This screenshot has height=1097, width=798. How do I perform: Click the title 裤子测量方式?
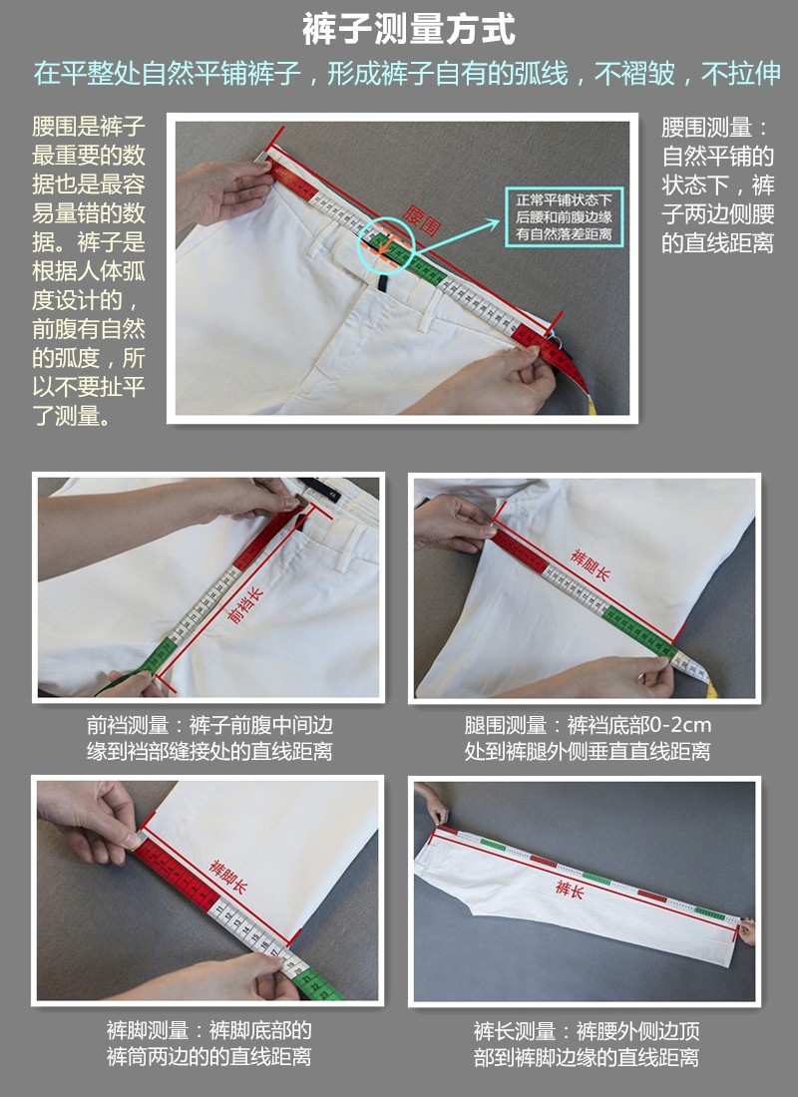(x=408, y=30)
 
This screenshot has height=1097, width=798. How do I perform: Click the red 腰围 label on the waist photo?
(x=421, y=220)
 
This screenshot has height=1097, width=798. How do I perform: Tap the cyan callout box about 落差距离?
(x=564, y=216)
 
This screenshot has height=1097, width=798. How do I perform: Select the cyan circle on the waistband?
(x=385, y=238)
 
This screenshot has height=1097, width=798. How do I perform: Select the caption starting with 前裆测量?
(x=209, y=738)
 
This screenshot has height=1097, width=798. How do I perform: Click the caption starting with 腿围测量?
(x=588, y=738)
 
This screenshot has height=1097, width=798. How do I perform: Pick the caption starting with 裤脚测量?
(x=208, y=1043)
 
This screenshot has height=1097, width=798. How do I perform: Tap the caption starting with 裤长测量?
(x=586, y=1043)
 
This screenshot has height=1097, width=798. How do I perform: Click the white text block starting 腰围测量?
(x=717, y=185)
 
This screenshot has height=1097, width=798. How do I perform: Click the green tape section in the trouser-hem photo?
(x=317, y=983)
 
